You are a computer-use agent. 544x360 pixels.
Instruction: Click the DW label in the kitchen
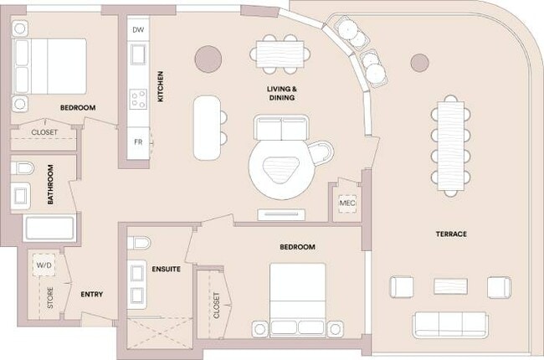pos(139,28)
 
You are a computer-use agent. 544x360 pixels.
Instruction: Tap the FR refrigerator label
pos(139,141)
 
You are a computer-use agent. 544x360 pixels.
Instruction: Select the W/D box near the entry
pos(43,266)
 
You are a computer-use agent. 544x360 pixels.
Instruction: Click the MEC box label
pos(347,203)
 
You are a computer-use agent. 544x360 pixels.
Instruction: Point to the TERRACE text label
pos(450,234)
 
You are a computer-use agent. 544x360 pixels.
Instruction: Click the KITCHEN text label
pos(161,87)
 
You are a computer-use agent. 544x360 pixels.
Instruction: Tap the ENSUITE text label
pos(167,269)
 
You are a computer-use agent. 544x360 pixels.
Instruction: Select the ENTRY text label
pos(91,294)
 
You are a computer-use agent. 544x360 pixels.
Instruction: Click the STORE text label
pos(50,299)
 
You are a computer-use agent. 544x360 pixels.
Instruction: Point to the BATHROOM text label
pos(51,184)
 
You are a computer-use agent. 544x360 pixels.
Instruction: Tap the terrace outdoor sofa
pos(449,324)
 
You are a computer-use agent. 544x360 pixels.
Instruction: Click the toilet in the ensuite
pos(140,243)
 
